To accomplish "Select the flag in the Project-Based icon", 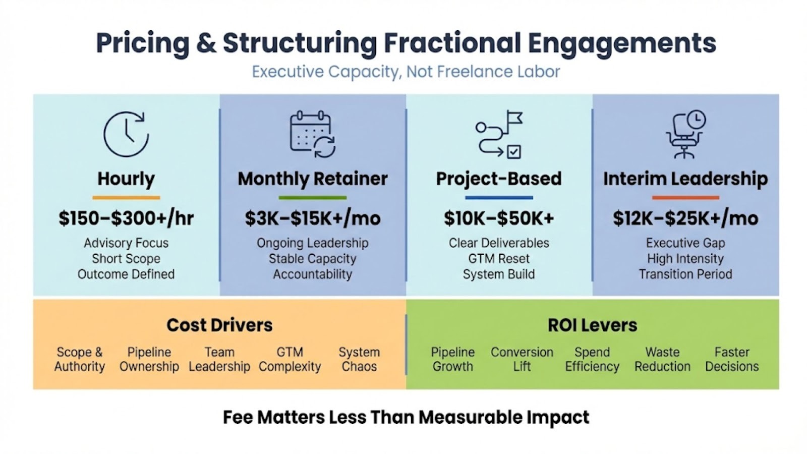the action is (x=514, y=118).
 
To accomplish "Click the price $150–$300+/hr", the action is (x=126, y=218).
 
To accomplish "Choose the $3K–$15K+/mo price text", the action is (x=313, y=218).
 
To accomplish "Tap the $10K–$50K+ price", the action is (x=499, y=218).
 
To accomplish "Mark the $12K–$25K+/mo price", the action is (x=685, y=218).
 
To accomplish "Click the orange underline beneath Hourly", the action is (x=126, y=197).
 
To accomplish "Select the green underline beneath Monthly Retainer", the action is (x=313, y=197).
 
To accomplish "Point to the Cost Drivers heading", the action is (x=219, y=325).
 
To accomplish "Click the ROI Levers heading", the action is (x=593, y=325).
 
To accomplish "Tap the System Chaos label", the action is (x=359, y=359).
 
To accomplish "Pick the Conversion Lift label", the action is (x=522, y=359).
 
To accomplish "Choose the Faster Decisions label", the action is (x=732, y=359).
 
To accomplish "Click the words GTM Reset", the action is (x=499, y=259).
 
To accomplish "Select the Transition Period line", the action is (x=685, y=274).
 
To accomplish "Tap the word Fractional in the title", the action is (x=452, y=43).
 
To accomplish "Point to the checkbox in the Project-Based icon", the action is (x=514, y=152).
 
